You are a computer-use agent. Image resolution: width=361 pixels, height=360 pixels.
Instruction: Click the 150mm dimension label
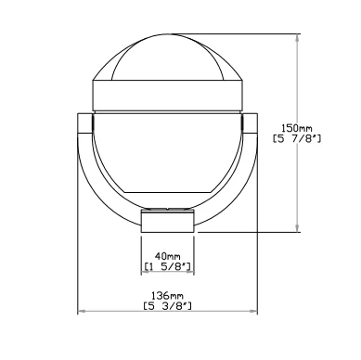click(297, 128)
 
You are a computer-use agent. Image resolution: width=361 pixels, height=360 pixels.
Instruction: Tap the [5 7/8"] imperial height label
click(297, 138)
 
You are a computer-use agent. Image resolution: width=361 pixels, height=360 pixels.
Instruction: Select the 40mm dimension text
click(167, 256)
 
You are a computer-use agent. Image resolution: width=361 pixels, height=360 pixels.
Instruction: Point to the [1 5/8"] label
click(167, 266)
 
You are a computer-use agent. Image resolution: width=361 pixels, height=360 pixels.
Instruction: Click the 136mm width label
click(167, 295)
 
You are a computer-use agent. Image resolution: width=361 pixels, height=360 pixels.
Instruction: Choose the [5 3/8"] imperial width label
click(167, 306)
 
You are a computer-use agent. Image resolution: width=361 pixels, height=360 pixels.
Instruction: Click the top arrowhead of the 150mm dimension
click(297, 37)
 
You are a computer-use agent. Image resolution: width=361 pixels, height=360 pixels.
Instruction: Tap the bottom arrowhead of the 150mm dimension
click(297, 227)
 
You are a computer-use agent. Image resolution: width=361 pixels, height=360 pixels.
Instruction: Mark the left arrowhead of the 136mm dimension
click(81, 311)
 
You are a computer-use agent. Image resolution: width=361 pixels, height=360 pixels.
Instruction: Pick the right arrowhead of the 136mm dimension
click(253, 311)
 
